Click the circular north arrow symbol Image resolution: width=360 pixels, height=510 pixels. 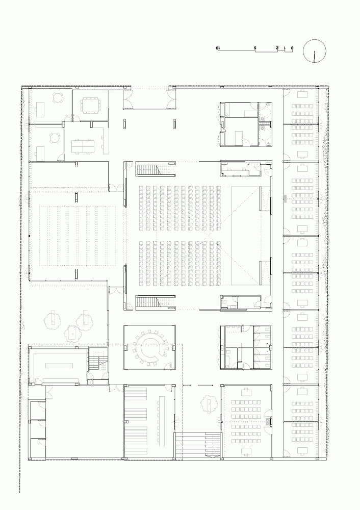coord(314,51)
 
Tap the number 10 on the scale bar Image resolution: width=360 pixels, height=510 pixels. coord(218,48)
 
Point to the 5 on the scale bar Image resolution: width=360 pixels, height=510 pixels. coord(255,48)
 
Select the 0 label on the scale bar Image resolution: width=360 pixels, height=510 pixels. coord(292,48)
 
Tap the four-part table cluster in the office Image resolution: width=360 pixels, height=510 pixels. coord(83,146)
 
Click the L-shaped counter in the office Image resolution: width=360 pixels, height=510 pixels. coord(104,139)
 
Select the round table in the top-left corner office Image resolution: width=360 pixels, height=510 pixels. coord(57,97)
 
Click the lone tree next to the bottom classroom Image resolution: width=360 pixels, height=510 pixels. coord(209,404)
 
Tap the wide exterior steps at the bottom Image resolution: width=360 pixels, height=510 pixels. coord(198,445)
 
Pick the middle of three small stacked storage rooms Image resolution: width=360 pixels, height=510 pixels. coord(38,429)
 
